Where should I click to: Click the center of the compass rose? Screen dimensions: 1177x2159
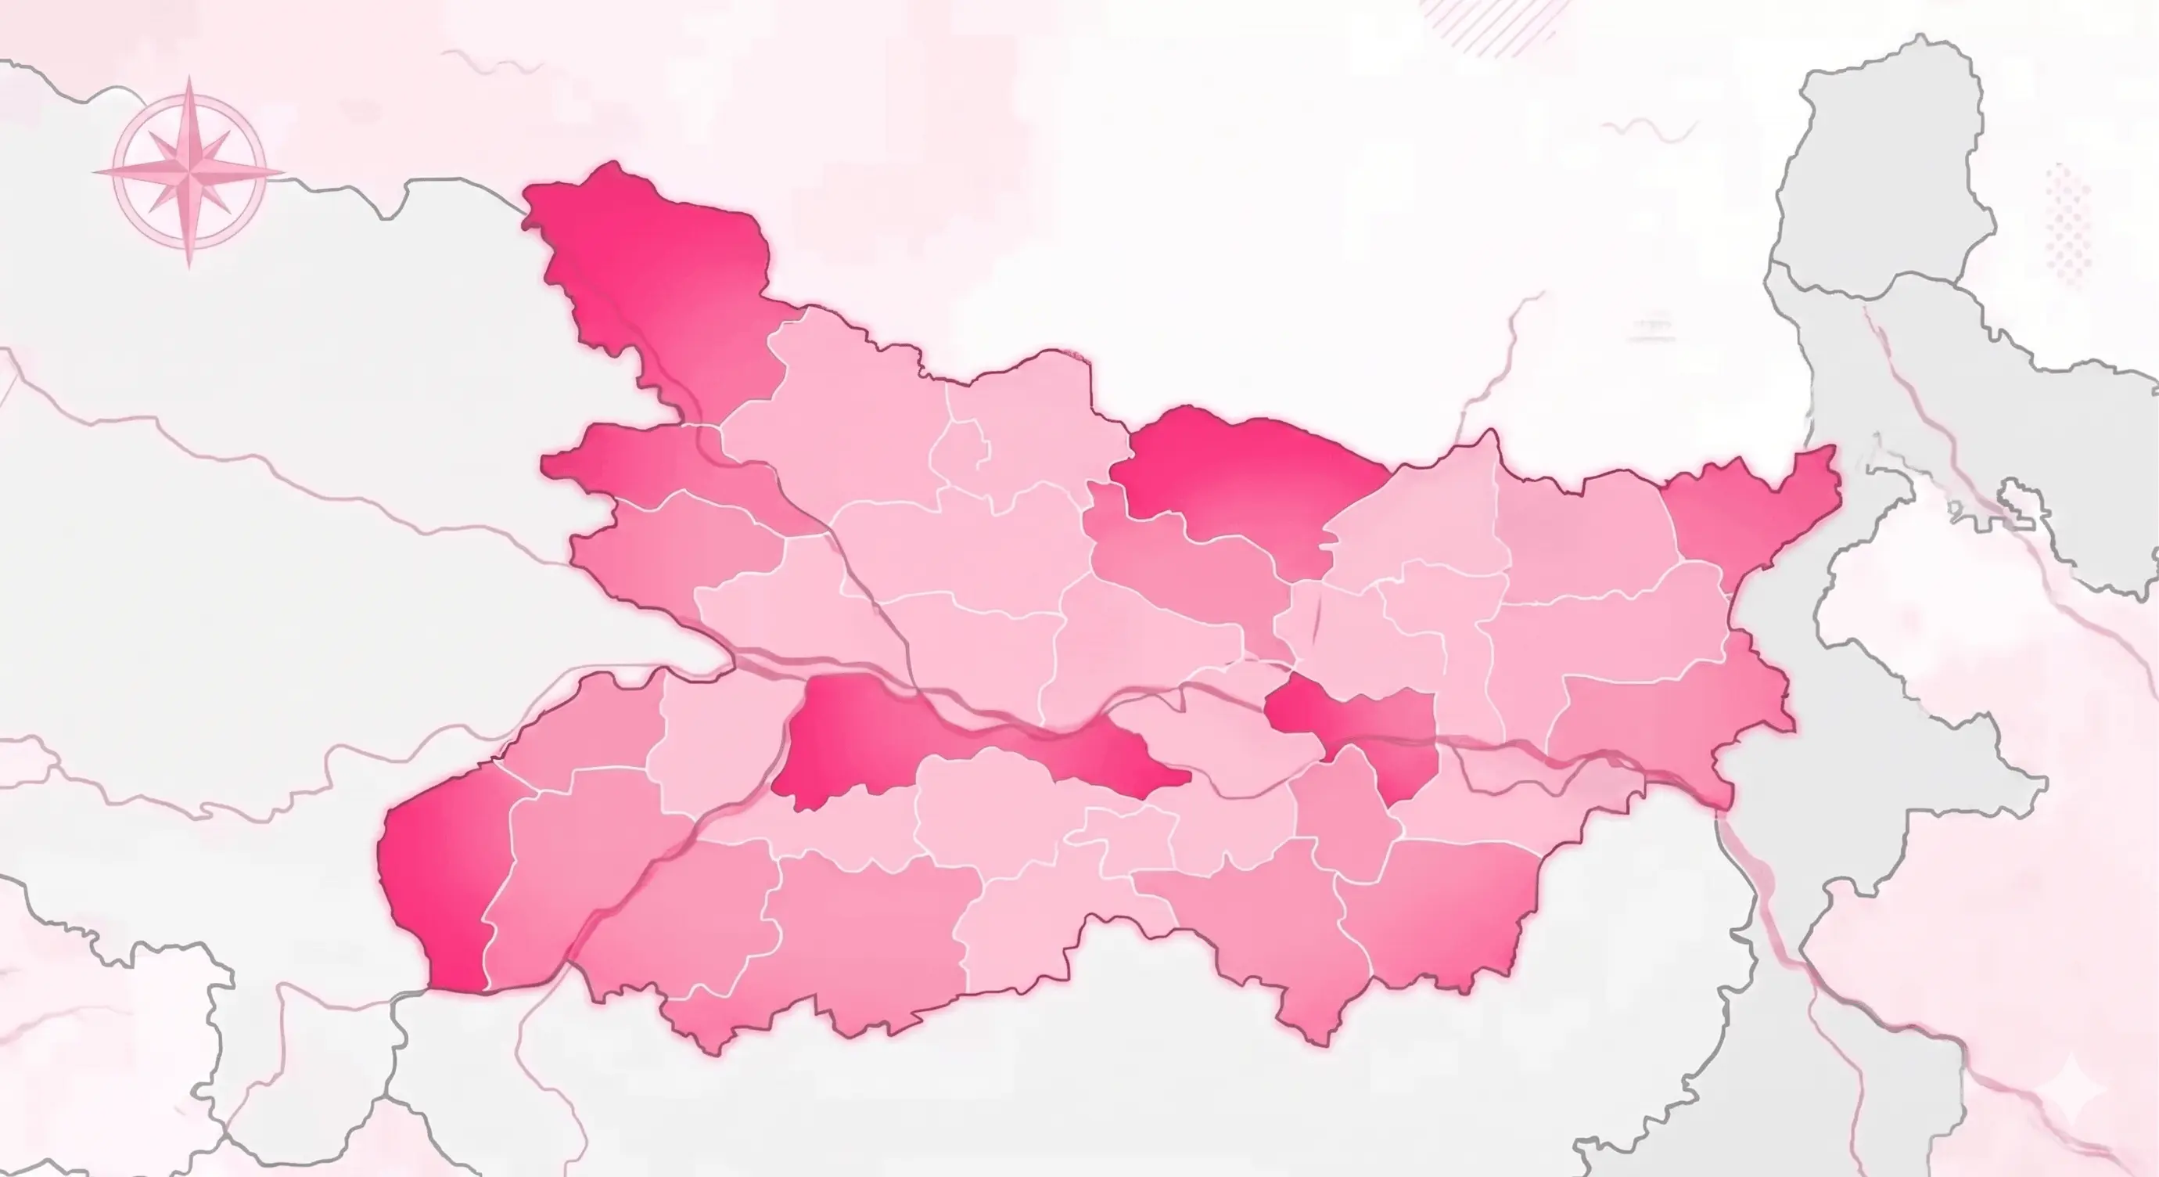(x=189, y=172)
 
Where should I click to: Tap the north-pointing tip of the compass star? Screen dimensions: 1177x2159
(x=190, y=77)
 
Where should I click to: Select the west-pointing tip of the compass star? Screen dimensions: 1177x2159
(x=94, y=172)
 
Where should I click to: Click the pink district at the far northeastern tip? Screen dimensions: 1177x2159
(x=1751, y=511)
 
